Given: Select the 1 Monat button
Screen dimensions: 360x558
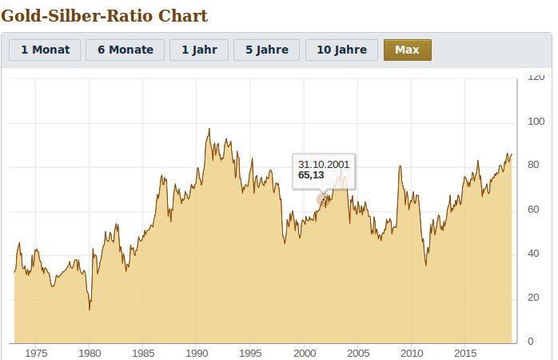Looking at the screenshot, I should [x=45, y=50].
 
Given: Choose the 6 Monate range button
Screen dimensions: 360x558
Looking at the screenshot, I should [x=125, y=50].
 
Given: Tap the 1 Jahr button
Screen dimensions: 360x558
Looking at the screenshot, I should [x=199, y=50].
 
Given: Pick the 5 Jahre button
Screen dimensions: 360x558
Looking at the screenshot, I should [x=267, y=50].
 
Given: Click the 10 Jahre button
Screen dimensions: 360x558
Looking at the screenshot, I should [x=341, y=50].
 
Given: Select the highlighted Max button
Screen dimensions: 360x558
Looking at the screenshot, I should [x=407, y=50].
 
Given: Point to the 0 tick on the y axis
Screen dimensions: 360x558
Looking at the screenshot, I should [x=528, y=342].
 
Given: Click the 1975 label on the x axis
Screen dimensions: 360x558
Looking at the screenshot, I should [x=36, y=353].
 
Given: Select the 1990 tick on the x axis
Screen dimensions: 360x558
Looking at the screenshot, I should [x=197, y=353].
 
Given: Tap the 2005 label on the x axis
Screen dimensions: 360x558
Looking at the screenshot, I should [x=358, y=353].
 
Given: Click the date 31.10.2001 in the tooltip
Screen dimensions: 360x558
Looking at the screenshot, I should [x=324, y=164].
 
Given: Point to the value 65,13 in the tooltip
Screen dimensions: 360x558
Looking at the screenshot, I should [x=311, y=174].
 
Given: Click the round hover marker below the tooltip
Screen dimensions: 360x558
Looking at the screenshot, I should [x=323, y=199].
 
